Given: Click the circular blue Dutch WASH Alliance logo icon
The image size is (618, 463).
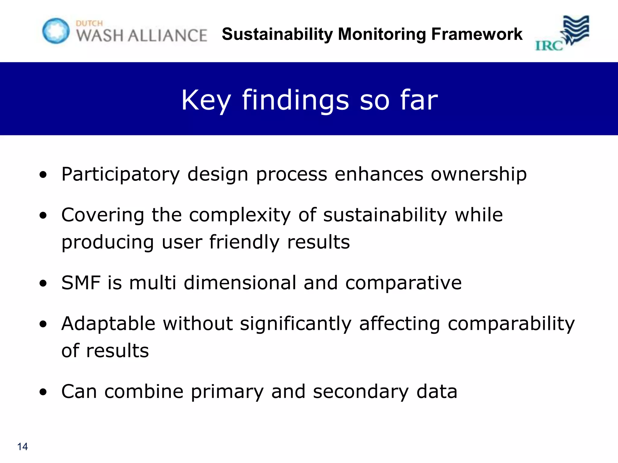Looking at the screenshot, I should click(x=56, y=31).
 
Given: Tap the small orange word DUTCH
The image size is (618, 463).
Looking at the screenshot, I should click(x=89, y=23).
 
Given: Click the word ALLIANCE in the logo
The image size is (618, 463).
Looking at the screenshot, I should click(x=167, y=36).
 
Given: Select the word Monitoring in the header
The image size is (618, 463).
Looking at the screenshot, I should click(x=382, y=34).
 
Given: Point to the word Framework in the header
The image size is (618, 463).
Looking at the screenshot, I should click(x=477, y=34).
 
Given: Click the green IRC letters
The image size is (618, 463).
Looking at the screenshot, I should click(x=549, y=46).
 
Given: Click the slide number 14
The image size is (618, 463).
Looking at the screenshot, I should click(x=23, y=446).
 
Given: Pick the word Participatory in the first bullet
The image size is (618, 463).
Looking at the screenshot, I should click(x=120, y=175).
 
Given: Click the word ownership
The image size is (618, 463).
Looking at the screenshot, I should click(x=479, y=175).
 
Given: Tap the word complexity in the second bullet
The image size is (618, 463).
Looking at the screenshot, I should click(x=240, y=215).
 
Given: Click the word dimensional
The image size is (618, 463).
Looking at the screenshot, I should click(x=240, y=283).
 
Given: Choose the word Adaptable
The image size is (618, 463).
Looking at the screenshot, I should click(x=108, y=324).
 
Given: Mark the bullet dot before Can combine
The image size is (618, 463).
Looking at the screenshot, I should click(x=43, y=392).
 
